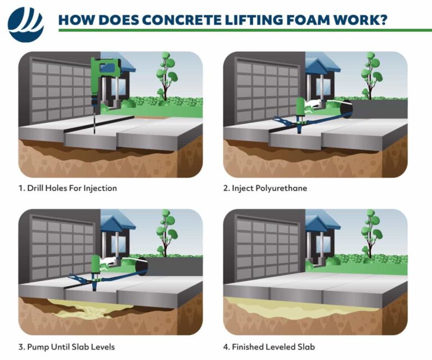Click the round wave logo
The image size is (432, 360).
pyautogui.click(x=25, y=24)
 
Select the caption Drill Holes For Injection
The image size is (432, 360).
pyautogui.click(x=67, y=188)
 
